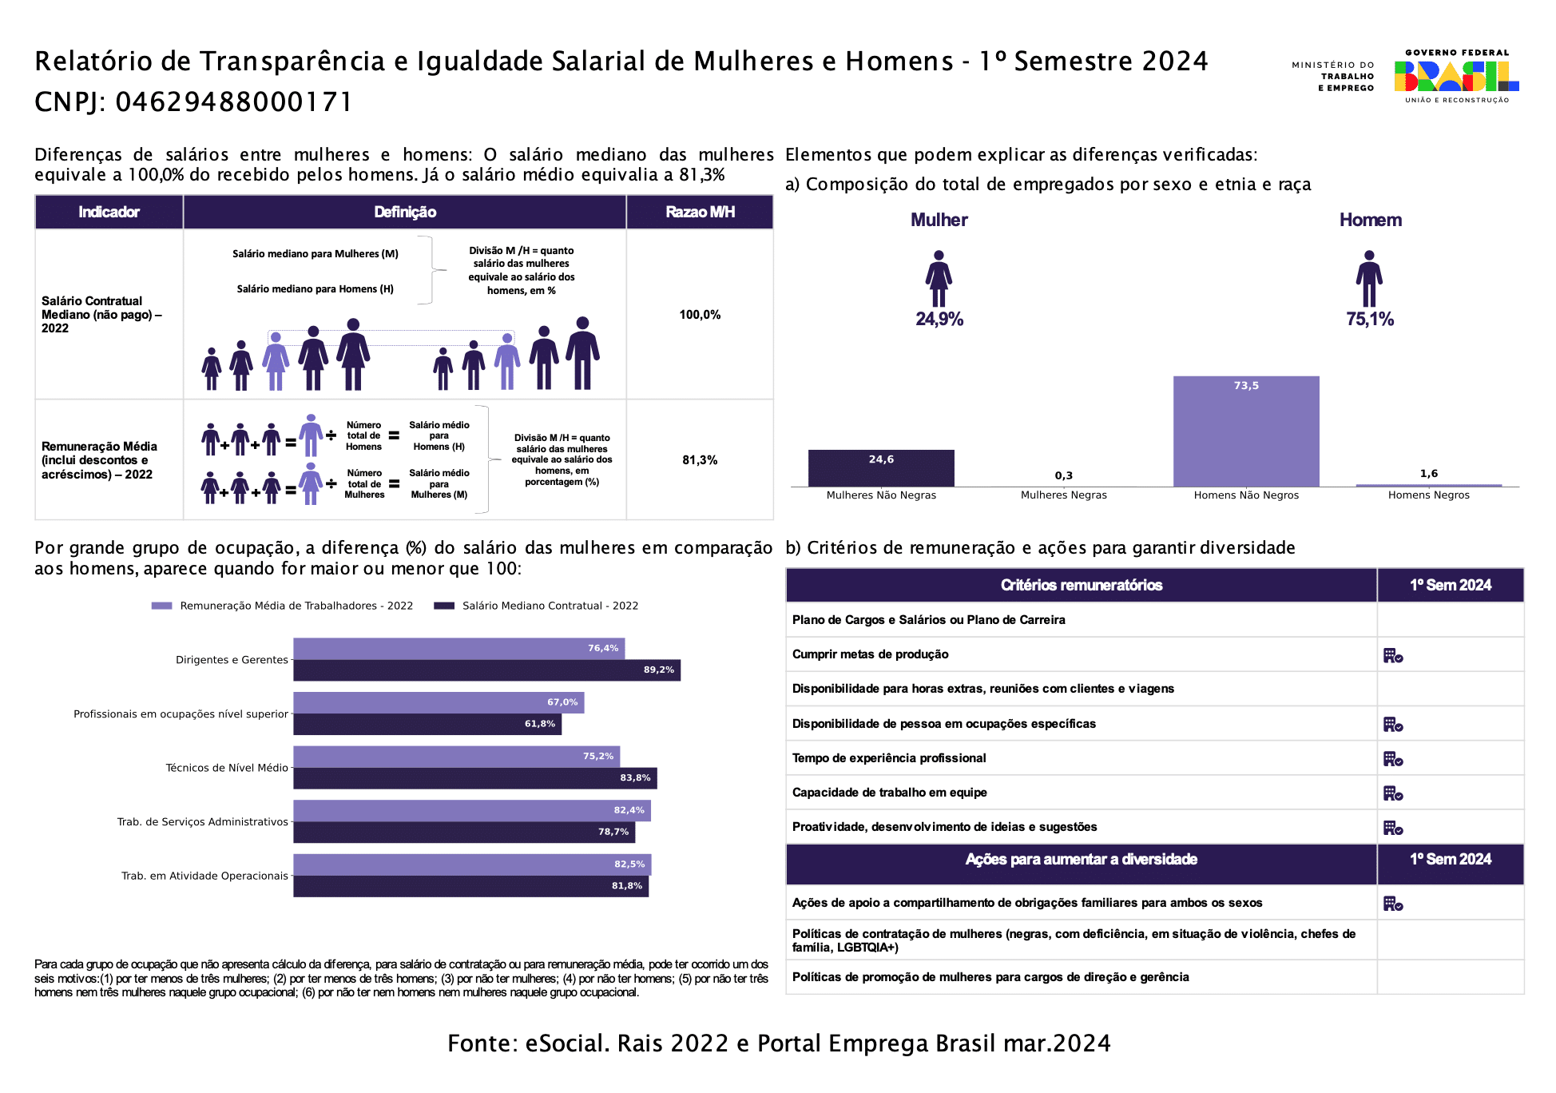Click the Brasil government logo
click(x=1456, y=77)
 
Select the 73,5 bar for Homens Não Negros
click(x=1246, y=431)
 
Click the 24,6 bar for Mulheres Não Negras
click(x=881, y=468)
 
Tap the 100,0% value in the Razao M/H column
click(x=700, y=315)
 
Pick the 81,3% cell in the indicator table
click(x=700, y=460)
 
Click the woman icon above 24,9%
click(x=939, y=279)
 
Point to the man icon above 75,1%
click(x=1369, y=279)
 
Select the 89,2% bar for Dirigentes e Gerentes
click(x=486, y=670)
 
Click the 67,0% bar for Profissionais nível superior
click(x=439, y=702)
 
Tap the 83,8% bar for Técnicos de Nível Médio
click(x=475, y=778)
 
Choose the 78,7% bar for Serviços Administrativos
click(x=464, y=832)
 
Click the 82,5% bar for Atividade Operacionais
click(x=472, y=864)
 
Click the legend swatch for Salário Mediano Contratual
click(x=444, y=606)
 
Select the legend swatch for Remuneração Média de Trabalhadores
click(x=162, y=606)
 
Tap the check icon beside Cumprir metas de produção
click(x=1393, y=656)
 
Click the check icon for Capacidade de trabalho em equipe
click(x=1393, y=793)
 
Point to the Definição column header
click(x=405, y=212)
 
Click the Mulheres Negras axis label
click(x=1063, y=495)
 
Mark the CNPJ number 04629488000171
click(x=233, y=102)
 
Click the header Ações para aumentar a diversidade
click(x=1081, y=860)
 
